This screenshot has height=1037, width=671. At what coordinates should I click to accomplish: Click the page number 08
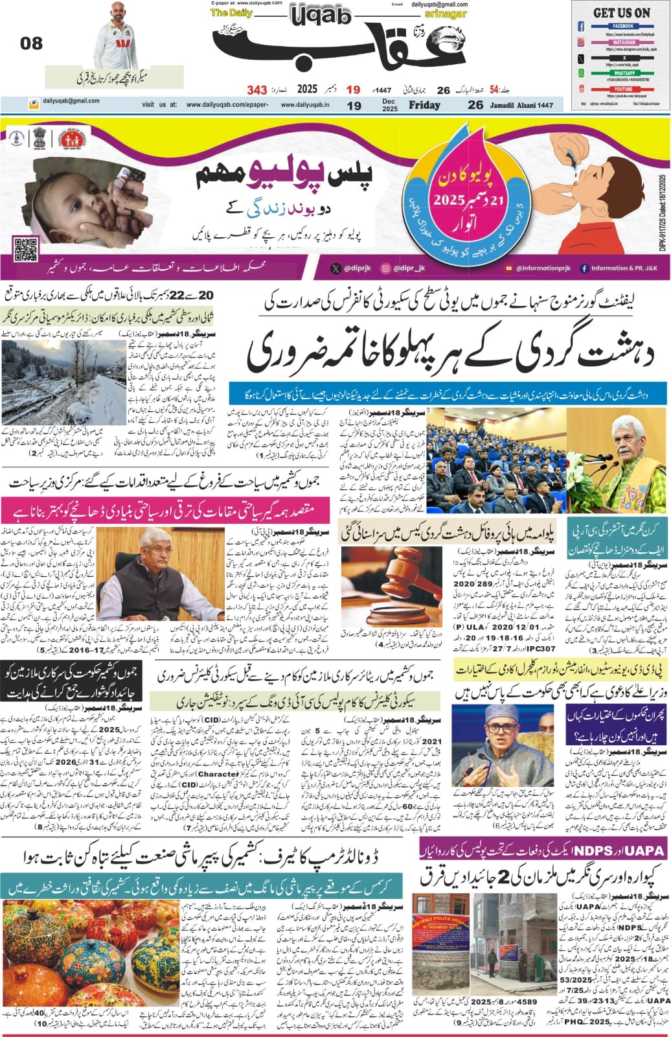pos(31,43)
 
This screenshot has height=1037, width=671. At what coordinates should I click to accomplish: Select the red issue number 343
pos(257,89)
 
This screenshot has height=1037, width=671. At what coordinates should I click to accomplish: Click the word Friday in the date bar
pos(424,105)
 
